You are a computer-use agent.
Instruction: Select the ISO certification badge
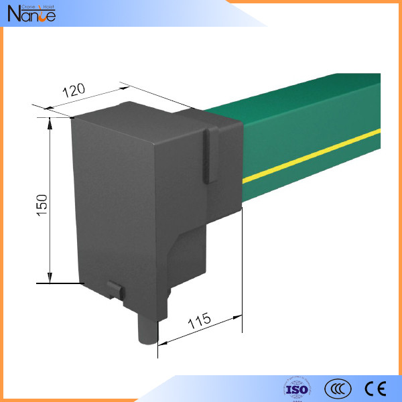pos(297,389)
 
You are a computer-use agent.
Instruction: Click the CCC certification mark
pos(338,389)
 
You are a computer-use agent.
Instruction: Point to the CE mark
pos(374,389)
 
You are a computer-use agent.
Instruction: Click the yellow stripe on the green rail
pos(315,155)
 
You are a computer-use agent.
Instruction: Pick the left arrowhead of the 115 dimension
pos(161,342)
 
